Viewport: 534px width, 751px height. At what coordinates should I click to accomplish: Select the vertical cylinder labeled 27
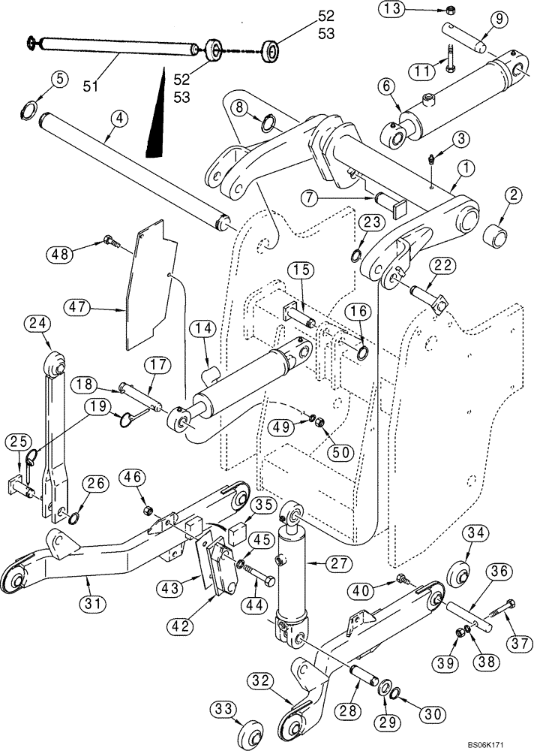292,578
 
